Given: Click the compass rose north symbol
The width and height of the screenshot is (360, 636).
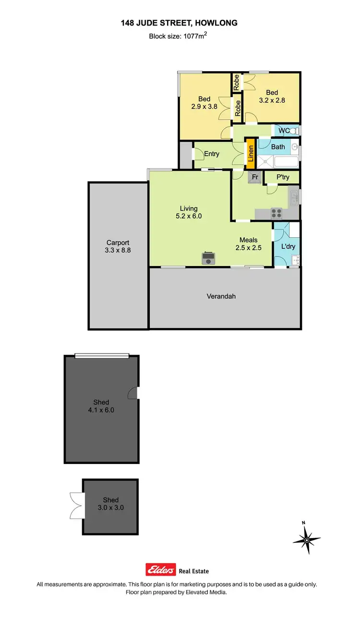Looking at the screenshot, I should tap(307, 538).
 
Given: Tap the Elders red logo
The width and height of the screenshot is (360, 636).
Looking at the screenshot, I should tap(161, 570).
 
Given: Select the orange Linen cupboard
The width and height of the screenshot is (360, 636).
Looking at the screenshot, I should tap(250, 153).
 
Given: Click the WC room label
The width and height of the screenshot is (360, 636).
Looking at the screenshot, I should tap(284, 131).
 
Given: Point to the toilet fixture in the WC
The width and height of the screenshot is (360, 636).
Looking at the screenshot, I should tap(296, 131).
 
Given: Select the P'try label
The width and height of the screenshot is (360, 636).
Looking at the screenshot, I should tap(282, 177).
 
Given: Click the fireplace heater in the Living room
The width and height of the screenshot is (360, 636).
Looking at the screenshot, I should tap(208, 258).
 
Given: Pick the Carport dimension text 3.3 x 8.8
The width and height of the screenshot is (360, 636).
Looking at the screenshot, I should tap(118, 250).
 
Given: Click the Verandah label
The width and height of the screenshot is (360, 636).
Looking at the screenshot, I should tap(221, 296).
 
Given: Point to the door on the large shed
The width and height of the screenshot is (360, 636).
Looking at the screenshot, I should tap(133, 393).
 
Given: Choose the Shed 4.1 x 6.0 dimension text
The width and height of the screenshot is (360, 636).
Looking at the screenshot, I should tap(101, 410).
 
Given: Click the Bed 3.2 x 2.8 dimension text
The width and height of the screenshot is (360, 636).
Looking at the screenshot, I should tap(272, 101).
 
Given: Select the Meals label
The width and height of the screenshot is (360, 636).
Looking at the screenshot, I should tap(249, 240).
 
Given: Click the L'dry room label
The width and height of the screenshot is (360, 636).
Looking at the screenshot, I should tap(288, 246).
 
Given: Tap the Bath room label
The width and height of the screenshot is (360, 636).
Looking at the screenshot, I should tap(278, 147).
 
